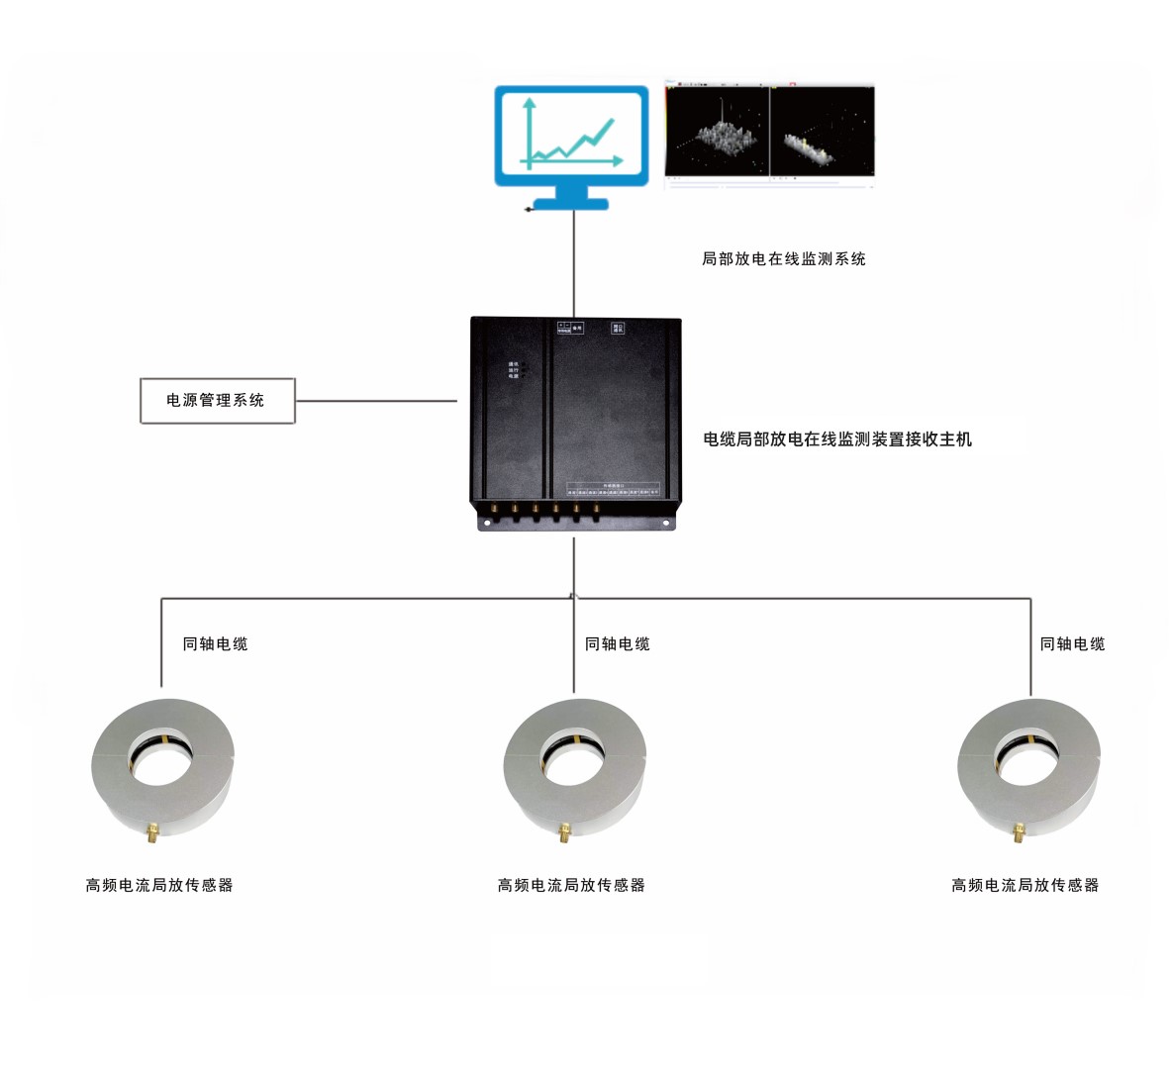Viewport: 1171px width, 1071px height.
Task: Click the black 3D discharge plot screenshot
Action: point(769,132)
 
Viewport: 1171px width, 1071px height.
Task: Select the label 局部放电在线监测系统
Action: point(783,259)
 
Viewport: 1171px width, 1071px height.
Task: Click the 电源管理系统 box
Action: point(217,401)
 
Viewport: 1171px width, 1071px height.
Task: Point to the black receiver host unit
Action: point(575,421)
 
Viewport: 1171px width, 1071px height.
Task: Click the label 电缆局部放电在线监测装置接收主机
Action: point(837,439)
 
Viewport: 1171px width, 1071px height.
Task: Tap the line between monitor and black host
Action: point(574,262)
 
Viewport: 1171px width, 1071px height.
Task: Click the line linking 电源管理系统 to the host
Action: point(376,401)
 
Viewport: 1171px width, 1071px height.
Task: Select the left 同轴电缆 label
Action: point(215,644)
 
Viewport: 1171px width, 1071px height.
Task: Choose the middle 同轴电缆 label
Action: point(618,644)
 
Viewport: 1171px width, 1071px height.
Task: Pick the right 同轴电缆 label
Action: point(1072,644)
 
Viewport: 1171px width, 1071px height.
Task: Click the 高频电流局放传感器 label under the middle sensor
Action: point(571,886)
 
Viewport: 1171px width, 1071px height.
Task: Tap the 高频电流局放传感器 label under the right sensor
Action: point(1025,886)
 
